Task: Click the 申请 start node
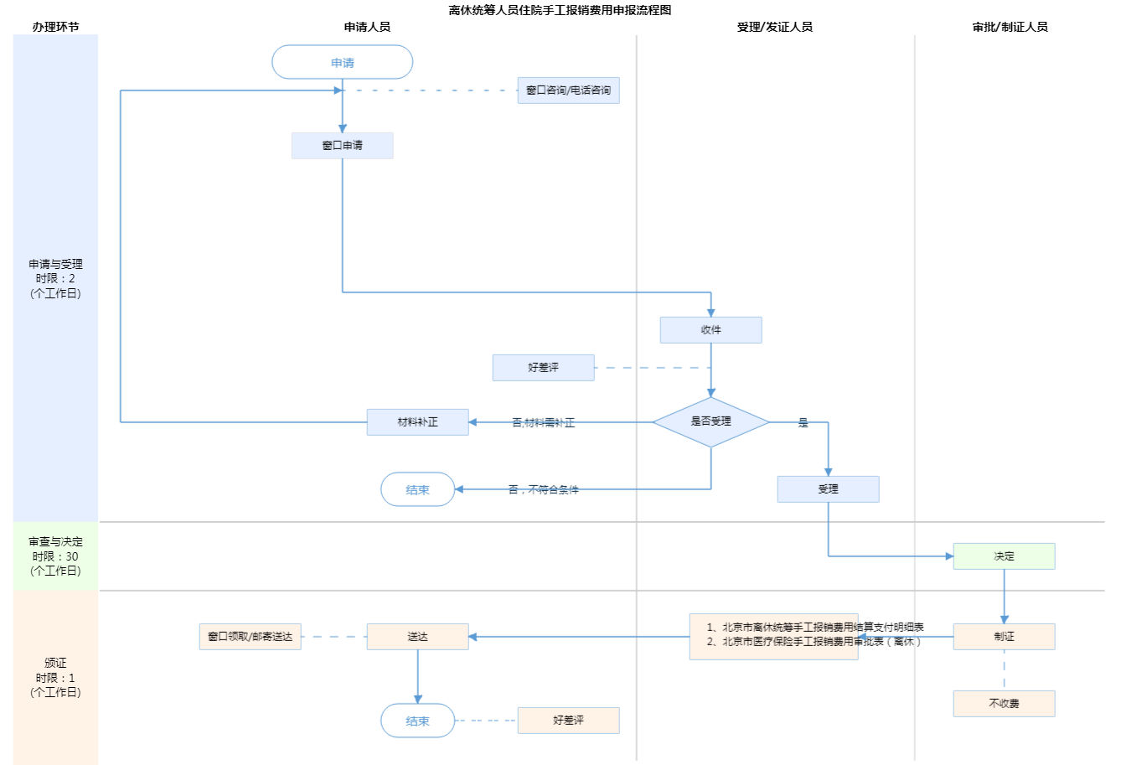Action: (343, 63)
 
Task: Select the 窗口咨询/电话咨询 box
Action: (568, 90)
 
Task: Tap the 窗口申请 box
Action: (342, 146)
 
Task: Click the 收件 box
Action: (710, 330)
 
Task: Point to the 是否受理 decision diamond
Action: (710, 421)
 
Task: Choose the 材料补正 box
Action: (417, 422)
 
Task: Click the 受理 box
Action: (828, 489)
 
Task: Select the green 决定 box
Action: (1004, 556)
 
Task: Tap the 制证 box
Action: (1004, 637)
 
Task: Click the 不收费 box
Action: (1004, 704)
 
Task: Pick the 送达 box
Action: (417, 637)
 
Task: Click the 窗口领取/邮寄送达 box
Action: (250, 637)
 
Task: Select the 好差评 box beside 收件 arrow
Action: (543, 368)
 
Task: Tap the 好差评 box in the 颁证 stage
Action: (568, 721)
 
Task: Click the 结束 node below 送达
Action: (417, 721)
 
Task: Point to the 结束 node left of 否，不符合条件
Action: (417, 490)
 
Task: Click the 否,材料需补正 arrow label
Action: (543, 423)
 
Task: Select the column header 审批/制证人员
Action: (1010, 27)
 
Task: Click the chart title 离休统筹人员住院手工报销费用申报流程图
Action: (560, 10)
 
